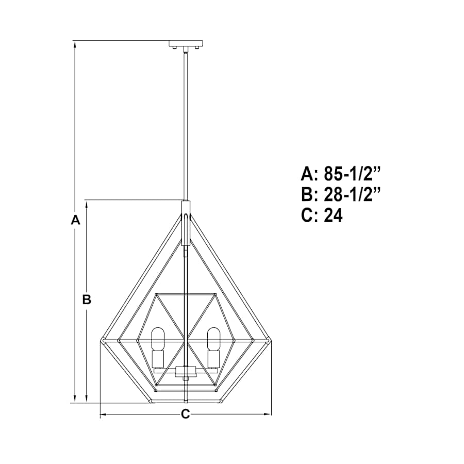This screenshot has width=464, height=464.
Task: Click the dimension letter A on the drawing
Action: [75, 220]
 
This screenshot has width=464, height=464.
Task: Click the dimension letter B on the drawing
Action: [87, 300]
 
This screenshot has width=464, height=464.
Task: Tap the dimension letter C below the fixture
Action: [185, 413]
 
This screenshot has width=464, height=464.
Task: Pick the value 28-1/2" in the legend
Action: [352, 194]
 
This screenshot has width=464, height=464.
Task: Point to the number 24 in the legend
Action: [333, 215]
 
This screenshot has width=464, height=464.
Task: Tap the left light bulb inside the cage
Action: [157, 339]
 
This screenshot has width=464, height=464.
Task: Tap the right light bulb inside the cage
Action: [213, 339]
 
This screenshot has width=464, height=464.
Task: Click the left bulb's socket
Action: [157, 359]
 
